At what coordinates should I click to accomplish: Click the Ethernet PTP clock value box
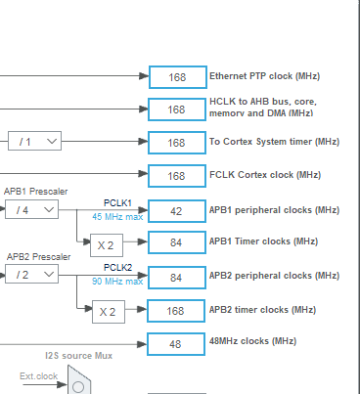coord(176,76)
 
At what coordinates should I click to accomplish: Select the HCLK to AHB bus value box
coord(176,109)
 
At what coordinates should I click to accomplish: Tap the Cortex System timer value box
coord(176,143)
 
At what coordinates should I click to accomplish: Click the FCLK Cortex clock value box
coord(176,176)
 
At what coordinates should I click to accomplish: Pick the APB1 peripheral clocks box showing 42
coord(176,210)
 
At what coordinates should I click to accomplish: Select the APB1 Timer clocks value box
coord(176,243)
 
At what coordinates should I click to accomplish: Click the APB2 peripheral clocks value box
coord(176,278)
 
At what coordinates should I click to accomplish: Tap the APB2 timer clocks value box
coord(176,311)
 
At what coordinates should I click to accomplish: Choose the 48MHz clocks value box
coord(176,343)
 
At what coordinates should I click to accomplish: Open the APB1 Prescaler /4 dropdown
coord(32,209)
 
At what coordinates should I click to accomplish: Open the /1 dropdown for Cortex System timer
coord(35,142)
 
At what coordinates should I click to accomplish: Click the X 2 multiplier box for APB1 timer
coord(110,244)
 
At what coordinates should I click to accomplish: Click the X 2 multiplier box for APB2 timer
coord(110,312)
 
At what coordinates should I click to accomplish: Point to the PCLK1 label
coord(117,203)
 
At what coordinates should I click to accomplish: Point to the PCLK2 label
coord(117,267)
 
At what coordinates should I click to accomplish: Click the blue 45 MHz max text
coord(117,217)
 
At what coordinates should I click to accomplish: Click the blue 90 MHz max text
coord(117,282)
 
